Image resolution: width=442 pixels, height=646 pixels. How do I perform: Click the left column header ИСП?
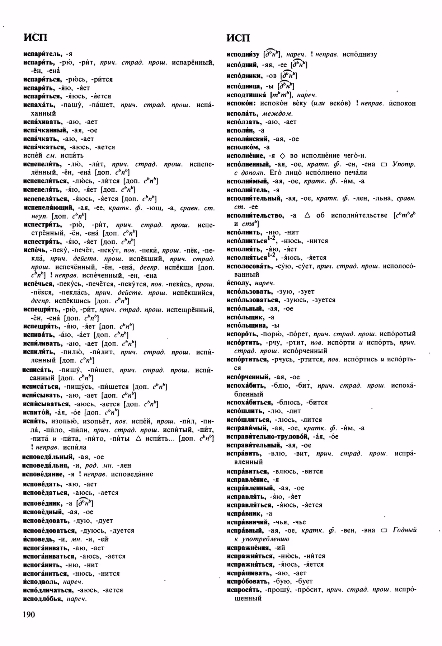click(35, 37)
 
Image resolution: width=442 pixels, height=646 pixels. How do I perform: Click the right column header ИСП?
click(238, 38)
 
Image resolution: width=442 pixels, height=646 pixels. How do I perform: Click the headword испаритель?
click(43, 54)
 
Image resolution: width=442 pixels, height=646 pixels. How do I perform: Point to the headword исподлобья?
click(43, 599)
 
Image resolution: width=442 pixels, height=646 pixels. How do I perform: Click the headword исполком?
click(243, 148)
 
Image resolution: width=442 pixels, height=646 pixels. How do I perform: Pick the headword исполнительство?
click(255, 215)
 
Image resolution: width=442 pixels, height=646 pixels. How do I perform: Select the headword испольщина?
click(247, 326)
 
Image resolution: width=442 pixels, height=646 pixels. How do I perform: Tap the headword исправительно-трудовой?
click(268, 437)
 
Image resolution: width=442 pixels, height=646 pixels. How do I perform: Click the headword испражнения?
click(248, 548)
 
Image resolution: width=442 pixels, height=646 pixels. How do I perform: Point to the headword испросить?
click(244, 590)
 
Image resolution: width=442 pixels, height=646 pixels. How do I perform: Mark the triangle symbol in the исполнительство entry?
click(307, 215)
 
